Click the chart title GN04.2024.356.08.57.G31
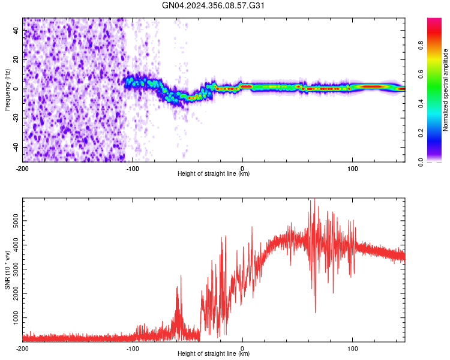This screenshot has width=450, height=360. pyautogui.click(x=214, y=6)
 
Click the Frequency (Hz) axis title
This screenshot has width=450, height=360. pyautogui.click(x=7, y=89)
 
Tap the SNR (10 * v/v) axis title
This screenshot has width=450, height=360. pyautogui.click(x=7, y=271)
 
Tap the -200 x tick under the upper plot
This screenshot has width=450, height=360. pyautogui.click(x=23, y=167)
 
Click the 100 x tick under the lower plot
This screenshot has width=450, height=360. pyautogui.click(x=352, y=348)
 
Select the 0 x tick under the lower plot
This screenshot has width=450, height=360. pyautogui.click(x=242, y=348)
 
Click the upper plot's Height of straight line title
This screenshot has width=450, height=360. pyautogui.click(x=214, y=174)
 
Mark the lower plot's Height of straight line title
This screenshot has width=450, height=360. pyautogui.click(x=214, y=355)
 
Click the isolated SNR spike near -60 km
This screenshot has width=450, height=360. pyautogui.click(x=178, y=288)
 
